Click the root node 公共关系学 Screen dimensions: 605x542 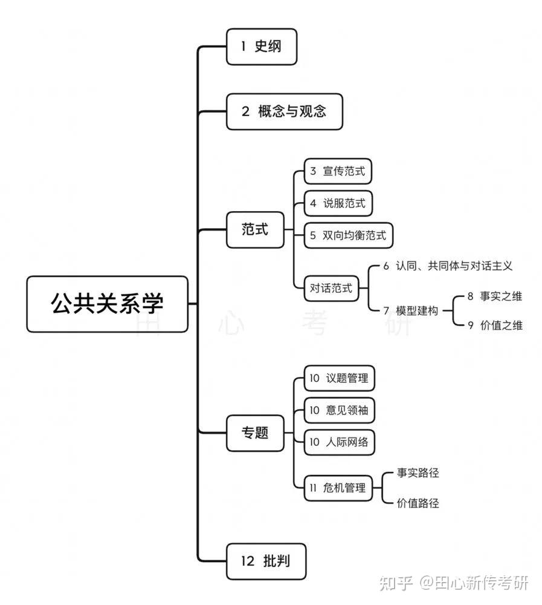click(107, 304)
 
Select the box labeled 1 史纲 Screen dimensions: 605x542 click(261, 47)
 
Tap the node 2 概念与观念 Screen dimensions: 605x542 click(284, 111)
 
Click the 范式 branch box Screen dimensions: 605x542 click(254, 230)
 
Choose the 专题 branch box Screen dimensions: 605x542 click(254, 433)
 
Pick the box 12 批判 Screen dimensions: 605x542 click(265, 561)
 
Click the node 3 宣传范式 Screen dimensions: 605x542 click(337, 171)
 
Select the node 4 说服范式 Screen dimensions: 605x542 click(337, 203)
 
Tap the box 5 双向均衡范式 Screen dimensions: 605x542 click(348, 235)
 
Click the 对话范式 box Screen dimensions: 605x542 click(331, 288)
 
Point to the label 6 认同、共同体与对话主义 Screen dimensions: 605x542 click(448, 266)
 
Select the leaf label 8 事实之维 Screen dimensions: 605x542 click(494, 296)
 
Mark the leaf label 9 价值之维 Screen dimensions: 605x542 click(494, 325)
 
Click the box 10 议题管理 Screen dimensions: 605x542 click(338, 379)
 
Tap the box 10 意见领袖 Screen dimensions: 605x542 click(338, 410)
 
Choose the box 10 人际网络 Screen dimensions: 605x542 click(338, 442)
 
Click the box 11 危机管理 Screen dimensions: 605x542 click(337, 488)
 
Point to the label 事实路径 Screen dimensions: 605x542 click(418, 473)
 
